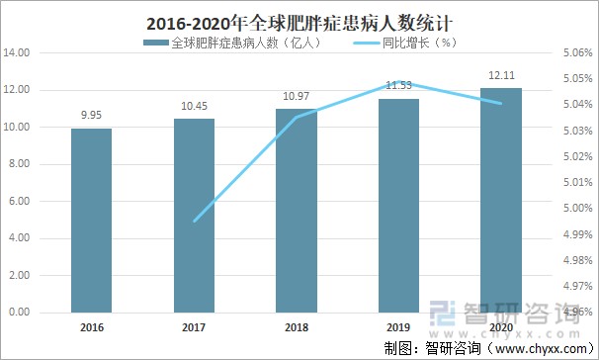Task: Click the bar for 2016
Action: tap(91, 220)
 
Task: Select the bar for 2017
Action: tap(194, 215)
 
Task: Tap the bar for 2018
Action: tap(297, 210)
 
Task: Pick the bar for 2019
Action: tap(399, 205)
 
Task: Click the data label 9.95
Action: tap(91, 115)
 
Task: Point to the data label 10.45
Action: tap(194, 106)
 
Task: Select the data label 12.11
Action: tap(502, 75)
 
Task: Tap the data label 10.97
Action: tap(297, 96)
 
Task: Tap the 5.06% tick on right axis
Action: tap(576, 52)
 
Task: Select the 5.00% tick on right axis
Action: tap(576, 209)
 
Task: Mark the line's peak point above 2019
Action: tap(399, 82)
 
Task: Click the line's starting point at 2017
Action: tap(194, 222)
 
